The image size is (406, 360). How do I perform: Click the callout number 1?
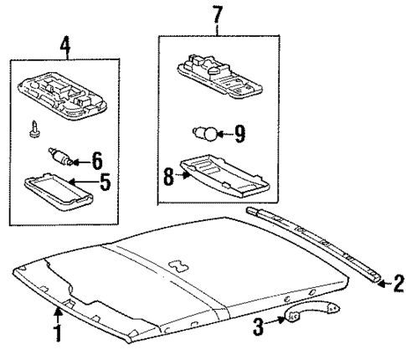(57, 345)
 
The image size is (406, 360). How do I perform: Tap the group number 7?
(218, 15)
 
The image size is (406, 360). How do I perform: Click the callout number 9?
(239, 131)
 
